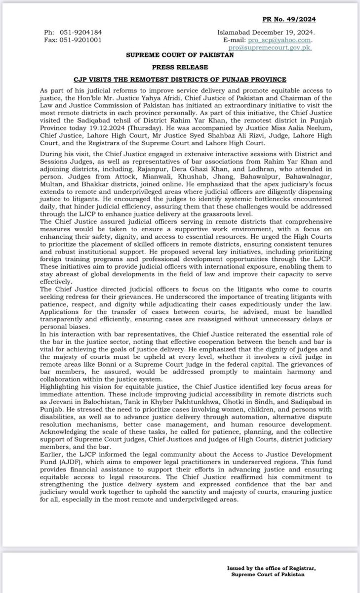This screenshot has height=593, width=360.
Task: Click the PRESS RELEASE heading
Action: click(180, 67)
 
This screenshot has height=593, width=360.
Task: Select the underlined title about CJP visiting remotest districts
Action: click(180, 79)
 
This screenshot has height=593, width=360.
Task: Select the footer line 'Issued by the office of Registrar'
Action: click(271, 568)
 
